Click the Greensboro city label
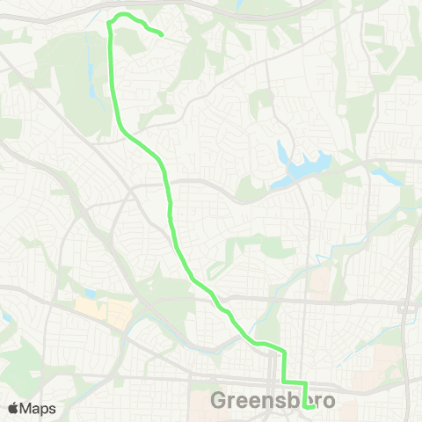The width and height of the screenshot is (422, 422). click(273, 401)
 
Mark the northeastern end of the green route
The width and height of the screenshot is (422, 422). click(162, 35)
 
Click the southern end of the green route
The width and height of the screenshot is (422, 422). click(304, 406)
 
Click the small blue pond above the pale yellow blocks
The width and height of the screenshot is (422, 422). click(91, 293)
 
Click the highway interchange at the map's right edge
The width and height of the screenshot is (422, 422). click(407, 309)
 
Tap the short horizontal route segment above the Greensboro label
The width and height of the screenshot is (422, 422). click(294, 382)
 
